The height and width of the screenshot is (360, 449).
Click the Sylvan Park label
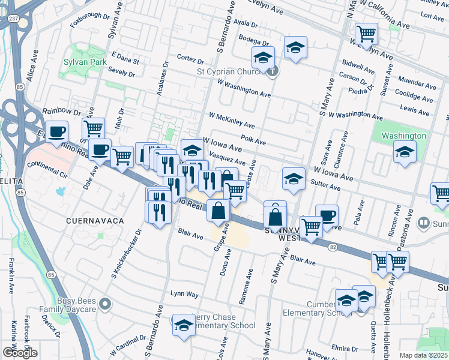[x=82, y=62]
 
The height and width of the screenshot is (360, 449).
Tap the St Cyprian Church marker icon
[x=273, y=73]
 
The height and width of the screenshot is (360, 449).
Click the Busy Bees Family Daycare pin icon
[x=105, y=305]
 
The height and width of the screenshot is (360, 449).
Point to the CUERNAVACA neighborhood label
[x=95, y=221]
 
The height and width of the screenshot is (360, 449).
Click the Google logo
[x=19, y=352]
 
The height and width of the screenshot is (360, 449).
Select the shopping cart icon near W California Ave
[x=366, y=34]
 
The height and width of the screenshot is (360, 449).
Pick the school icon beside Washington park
[x=405, y=152]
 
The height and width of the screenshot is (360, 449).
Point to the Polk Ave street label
[x=253, y=139]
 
